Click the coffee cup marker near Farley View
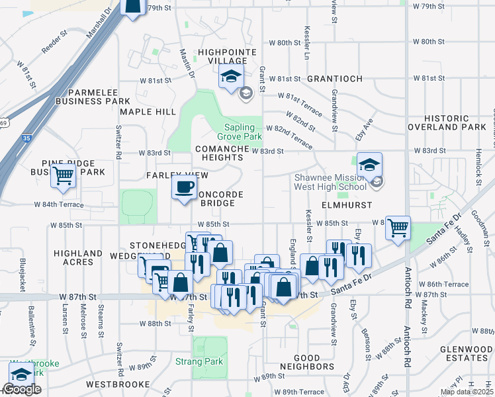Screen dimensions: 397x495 tap(185, 187)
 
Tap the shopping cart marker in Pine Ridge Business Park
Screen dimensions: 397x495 tap(64, 175)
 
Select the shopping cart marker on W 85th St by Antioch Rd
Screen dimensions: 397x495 tap(398, 228)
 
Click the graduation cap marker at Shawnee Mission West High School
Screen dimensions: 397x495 tap(370, 164)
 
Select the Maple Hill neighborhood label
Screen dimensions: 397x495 tap(148, 112)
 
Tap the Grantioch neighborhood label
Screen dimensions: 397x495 tap(334, 79)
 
